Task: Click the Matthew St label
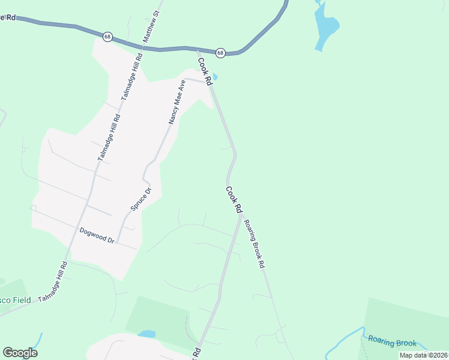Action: point(151,25)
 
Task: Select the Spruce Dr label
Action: point(142,200)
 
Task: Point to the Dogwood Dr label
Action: point(97,235)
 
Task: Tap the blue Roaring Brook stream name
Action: point(392,343)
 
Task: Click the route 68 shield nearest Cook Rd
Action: point(220,53)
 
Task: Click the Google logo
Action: point(20,352)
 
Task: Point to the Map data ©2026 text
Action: point(423,355)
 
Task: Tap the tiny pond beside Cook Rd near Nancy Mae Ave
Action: point(215,77)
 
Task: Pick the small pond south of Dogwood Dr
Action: point(146,334)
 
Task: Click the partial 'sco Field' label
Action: point(15,300)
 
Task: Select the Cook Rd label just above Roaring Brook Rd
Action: point(234,199)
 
